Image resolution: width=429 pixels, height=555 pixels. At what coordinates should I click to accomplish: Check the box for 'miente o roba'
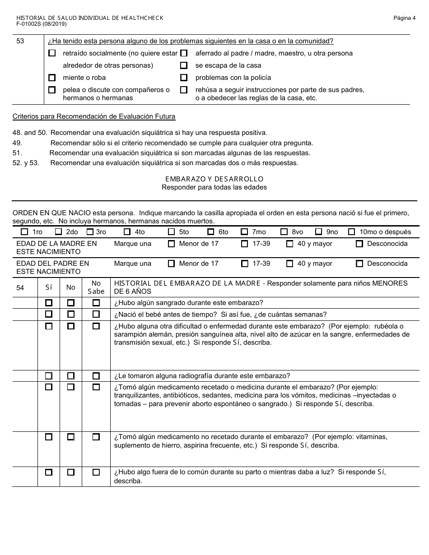pos(52,78)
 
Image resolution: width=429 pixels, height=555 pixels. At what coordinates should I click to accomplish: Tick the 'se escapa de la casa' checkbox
pos(184,65)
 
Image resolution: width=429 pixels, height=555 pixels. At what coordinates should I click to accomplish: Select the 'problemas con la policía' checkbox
pos(184,78)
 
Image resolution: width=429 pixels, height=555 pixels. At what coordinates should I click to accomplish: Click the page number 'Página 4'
pos(404,18)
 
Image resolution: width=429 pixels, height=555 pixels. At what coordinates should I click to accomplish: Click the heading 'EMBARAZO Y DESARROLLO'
pos(214,179)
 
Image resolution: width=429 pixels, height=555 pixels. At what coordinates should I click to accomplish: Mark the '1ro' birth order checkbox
pos(24,232)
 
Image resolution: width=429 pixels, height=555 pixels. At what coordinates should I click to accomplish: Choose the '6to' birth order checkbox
pos(210,232)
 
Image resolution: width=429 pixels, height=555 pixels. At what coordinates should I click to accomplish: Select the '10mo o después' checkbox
pos(352,232)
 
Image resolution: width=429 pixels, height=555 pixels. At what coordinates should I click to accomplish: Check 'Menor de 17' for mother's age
pos(171,244)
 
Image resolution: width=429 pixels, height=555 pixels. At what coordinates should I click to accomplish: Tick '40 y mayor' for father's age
pos(290,264)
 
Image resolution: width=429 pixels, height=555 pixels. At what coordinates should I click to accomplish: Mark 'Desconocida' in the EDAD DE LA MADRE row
pos(359,244)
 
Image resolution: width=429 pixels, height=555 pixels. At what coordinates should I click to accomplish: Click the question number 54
pos(20,287)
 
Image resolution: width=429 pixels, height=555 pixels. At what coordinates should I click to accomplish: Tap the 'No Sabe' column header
pos(96,287)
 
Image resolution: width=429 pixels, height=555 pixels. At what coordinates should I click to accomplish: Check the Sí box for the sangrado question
pos(49,303)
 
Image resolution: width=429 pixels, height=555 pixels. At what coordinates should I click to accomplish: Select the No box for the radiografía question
pos(71,376)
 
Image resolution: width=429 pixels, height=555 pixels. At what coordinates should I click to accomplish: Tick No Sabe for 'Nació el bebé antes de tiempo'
pos(96,314)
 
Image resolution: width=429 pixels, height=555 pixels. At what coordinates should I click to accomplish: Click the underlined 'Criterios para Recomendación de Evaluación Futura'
pos(94,116)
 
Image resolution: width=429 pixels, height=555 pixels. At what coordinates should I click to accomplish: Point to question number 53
pos(20,41)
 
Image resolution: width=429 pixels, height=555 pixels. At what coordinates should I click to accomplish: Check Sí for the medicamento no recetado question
pos(49,437)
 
